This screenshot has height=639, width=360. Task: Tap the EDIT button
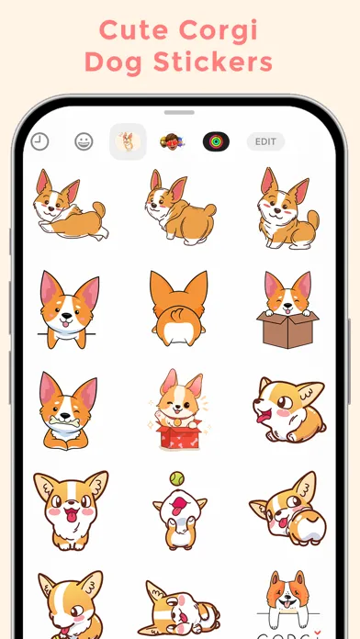click(x=265, y=141)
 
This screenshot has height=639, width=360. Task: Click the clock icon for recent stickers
click(x=39, y=141)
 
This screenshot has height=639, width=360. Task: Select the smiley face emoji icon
click(x=84, y=141)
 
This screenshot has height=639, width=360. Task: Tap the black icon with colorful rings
click(x=216, y=141)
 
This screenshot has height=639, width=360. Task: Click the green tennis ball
click(x=177, y=478)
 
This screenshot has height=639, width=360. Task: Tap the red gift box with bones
click(x=178, y=436)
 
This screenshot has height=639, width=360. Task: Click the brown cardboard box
click(x=287, y=330)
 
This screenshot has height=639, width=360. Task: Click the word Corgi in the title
click(x=219, y=30)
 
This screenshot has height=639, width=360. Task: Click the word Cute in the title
click(x=134, y=30)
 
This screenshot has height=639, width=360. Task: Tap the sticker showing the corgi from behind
click(x=178, y=308)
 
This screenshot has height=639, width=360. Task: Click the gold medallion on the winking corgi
click(x=177, y=422)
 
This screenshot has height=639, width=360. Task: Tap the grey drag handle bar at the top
click(x=179, y=113)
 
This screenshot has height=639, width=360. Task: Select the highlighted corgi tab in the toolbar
click(x=128, y=141)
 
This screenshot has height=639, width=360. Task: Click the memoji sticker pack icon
click(x=172, y=141)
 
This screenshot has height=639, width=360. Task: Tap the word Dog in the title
click(x=113, y=62)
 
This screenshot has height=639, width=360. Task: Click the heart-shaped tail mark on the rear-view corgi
click(x=176, y=315)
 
